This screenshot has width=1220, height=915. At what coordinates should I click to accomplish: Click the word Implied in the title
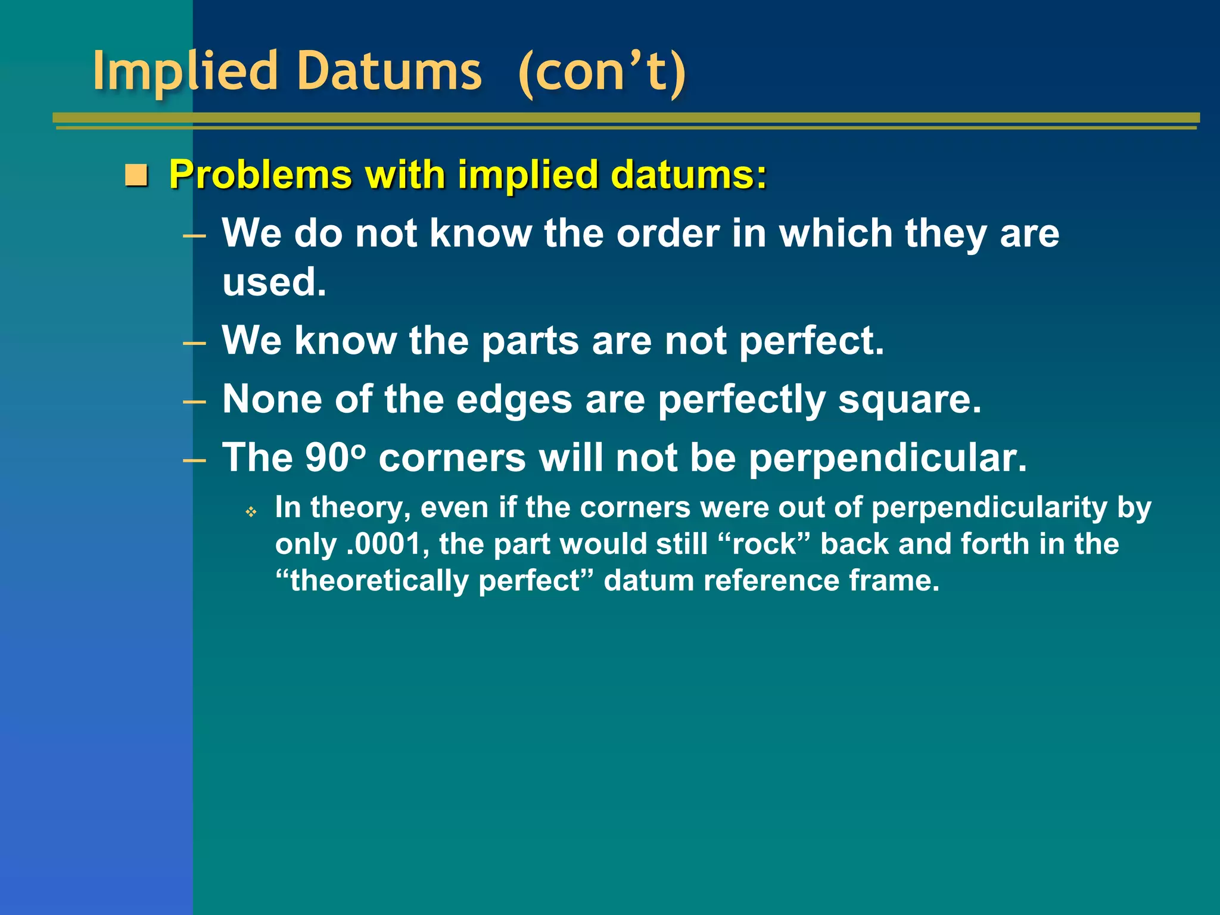[x=185, y=71]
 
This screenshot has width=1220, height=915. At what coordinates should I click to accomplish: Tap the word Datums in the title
[x=388, y=71]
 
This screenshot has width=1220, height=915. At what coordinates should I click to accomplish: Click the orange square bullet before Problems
[x=136, y=176]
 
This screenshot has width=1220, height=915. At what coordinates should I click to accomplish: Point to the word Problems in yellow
[x=260, y=175]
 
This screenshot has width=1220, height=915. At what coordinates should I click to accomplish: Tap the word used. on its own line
[x=274, y=282]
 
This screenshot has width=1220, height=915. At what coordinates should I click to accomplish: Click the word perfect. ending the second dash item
[x=811, y=341]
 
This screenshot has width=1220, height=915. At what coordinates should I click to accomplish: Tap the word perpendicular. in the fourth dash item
[x=888, y=457]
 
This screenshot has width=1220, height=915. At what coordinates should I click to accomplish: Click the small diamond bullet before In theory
[x=251, y=512]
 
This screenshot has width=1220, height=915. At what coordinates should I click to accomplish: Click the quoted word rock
[x=764, y=544]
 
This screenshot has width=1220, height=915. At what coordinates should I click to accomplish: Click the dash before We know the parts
[x=194, y=343]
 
